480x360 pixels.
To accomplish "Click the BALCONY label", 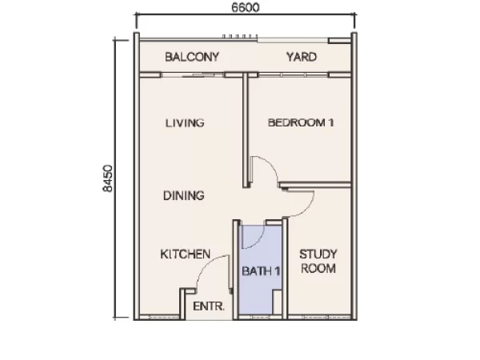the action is [x=192, y=57].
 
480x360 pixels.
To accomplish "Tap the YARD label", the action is [x=302, y=57].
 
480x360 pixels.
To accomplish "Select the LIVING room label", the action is [x=185, y=122].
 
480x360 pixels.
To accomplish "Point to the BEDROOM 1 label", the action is [x=301, y=122].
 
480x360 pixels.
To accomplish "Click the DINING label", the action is [x=184, y=196].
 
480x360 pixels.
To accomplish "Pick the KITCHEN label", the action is [x=186, y=254].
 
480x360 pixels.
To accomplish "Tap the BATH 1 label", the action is [x=261, y=271].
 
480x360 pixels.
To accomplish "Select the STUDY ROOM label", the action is [x=318, y=261].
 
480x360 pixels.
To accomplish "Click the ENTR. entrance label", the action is [x=209, y=306].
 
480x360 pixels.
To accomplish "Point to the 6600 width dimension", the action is [x=246, y=7].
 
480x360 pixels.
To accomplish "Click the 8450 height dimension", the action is [x=107, y=178].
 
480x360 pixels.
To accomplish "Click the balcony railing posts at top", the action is [x=240, y=37].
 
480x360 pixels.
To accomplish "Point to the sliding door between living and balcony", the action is [x=193, y=74].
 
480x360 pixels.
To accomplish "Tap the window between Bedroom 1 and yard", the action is [x=294, y=74].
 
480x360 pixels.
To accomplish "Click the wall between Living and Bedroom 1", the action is [x=246, y=130].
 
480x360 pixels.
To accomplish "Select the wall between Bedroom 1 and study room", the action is [x=315, y=185].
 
